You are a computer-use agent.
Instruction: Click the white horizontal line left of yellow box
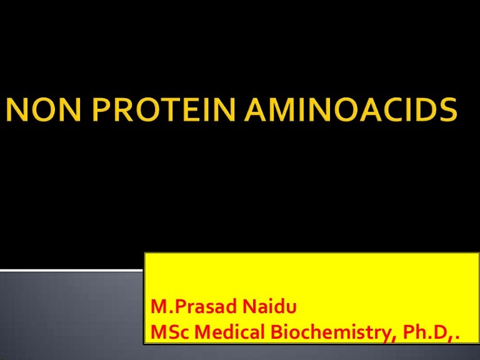click(x=72, y=270)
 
